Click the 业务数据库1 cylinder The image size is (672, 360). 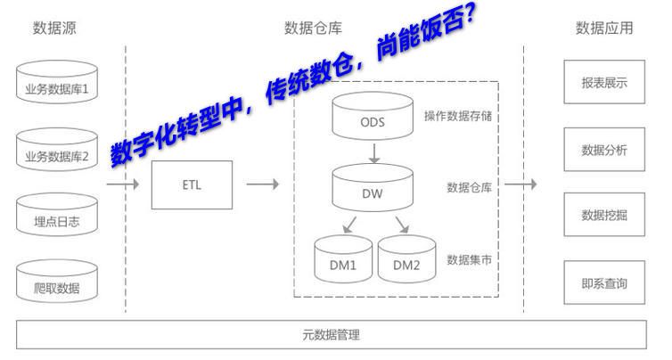tap(57, 86)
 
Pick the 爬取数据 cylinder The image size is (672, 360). tap(57, 286)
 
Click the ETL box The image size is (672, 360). tap(191, 185)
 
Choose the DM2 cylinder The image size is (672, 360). tap(406, 260)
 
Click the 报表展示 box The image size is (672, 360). tap(604, 83)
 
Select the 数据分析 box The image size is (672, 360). tap(604, 149)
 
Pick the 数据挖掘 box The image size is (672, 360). tap(604, 215)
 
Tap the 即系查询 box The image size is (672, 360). tap(604, 283)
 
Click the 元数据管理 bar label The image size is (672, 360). tap(331, 335)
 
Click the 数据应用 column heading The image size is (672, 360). tap(604, 28)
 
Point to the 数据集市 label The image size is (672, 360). tap(470, 259)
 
